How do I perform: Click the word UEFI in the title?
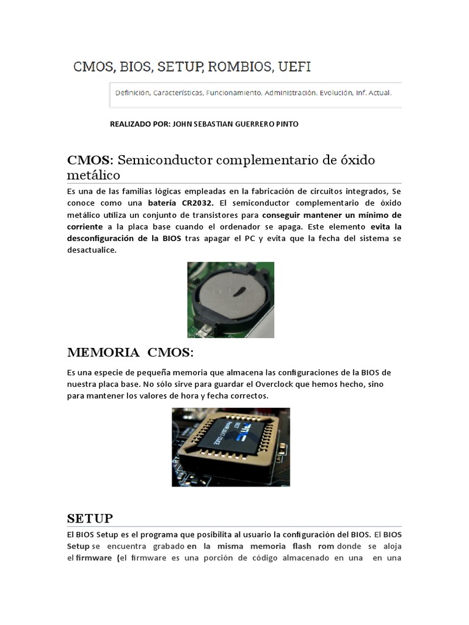point(294,67)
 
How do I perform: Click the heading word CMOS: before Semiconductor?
point(90,160)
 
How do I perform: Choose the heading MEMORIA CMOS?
point(129,353)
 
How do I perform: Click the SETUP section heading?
point(90,518)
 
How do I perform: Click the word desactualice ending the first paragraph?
point(92,250)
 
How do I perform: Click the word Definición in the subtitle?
point(133,93)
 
